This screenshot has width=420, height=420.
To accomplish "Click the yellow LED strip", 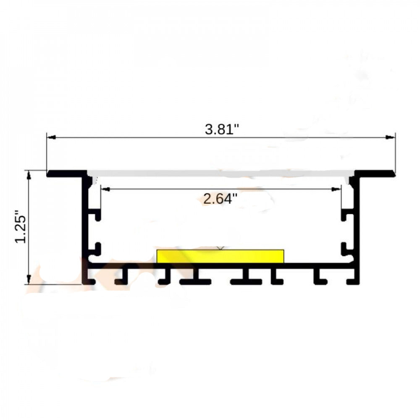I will (x=220, y=256).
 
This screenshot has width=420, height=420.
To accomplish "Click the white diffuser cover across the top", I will (x=220, y=173).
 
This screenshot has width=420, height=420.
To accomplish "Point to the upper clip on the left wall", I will (x=96, y=215).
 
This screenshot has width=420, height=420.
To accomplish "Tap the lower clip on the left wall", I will (x=96, y=249).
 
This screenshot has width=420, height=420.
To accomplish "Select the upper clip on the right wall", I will (x=346, y=215).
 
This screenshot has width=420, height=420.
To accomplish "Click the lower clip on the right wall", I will (x=346, y=249).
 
